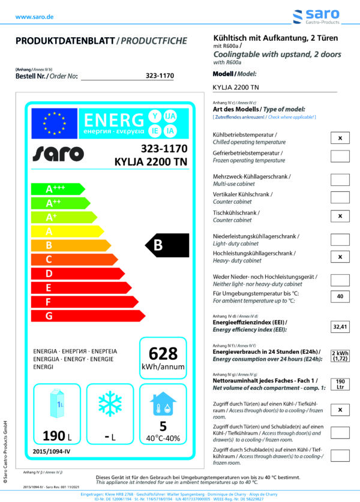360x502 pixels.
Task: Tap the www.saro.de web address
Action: (34, 17)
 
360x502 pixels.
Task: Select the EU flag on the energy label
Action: (55, 124)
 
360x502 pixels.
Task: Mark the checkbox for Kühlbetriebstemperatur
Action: (340, 139)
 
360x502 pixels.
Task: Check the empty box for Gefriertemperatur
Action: (340, 157)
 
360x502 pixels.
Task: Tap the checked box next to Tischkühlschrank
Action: (340, 216)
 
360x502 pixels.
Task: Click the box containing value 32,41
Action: (340, 327)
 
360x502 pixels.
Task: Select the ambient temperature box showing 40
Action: (340, 296)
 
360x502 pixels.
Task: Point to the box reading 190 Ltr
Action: (340, 384)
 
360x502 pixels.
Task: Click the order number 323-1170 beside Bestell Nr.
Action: (160, 76)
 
